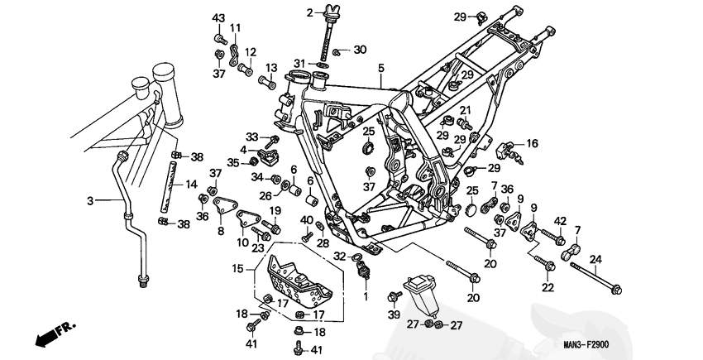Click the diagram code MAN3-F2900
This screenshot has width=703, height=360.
(586, 345)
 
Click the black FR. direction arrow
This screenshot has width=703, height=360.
(45, 336)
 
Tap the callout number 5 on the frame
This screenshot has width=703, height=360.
(381, 69)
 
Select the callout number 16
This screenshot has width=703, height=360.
(532, 144)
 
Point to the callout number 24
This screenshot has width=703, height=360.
(595, 260)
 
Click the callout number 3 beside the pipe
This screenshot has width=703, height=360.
(91, 201)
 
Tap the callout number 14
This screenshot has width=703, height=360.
(191, 184)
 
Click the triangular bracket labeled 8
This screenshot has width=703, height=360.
(225, 209)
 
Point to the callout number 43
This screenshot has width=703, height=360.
(218, 19)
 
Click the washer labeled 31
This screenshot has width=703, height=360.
(323, 65)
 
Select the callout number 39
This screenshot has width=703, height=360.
(394, 315)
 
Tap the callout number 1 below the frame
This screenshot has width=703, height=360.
(366, 296)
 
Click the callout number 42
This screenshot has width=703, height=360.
(561, 221)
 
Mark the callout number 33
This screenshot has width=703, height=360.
(252, 136)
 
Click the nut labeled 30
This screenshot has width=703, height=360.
(339, 52)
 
